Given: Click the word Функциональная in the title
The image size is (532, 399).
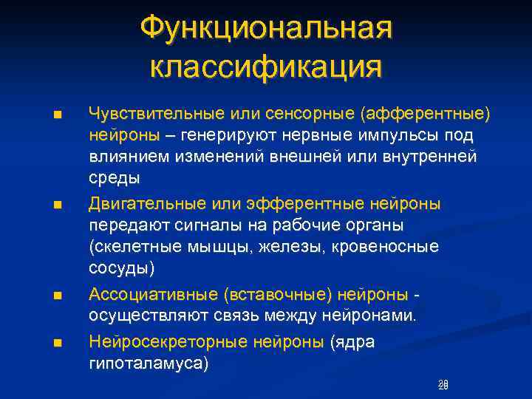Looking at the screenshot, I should pyautogui.click(x=266, y=30).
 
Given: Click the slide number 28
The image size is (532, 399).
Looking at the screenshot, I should pyautogui.click(x=443, y=384).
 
